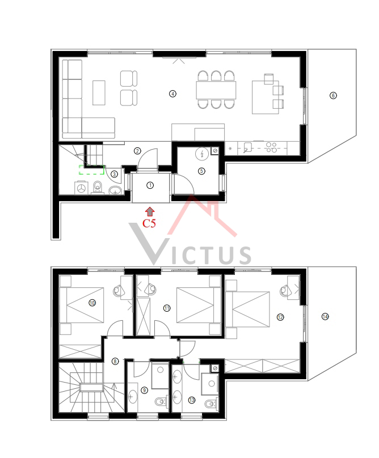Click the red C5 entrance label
[x=149, y=223]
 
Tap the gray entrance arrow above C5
[x=150, y=211]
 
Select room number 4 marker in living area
[x=173, y=94]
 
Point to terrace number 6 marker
[x=333, y=96]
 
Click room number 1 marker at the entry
[x=150, y=185]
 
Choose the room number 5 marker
[x=201, y=171]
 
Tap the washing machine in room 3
[x=81, y=188]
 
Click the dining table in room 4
[x=216, y=90]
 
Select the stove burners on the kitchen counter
[x=271, y=147]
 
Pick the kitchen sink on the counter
[x=247, y=147]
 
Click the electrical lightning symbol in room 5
[x=202, y=154]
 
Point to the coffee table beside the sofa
[x=99, y=93]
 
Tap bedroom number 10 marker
[x=92, y=303]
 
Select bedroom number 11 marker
[x=167, y=308]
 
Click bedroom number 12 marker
[x=280, y=317]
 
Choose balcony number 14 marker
[x=325, y=317]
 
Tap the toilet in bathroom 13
[x=211, y=404]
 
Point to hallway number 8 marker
[x=115, y=361]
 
